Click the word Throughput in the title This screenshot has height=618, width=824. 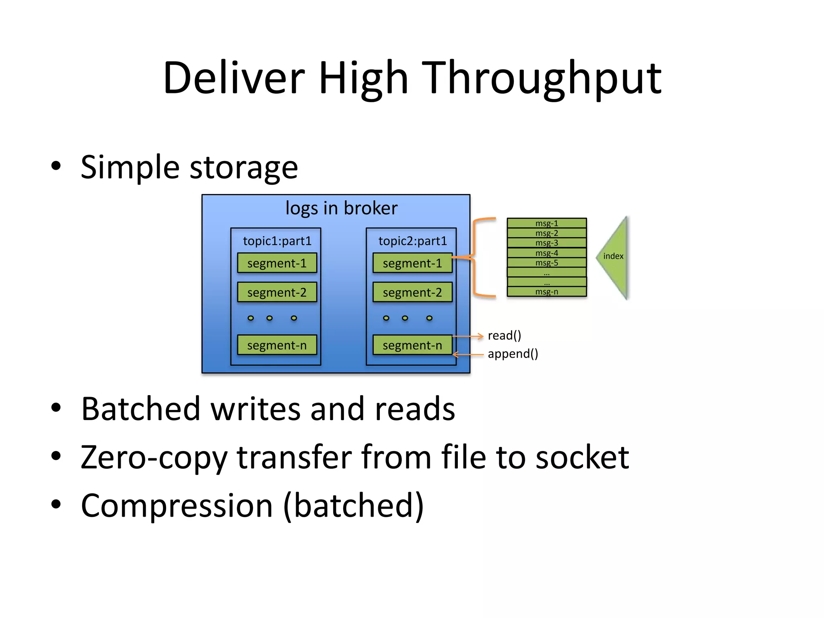click(543, 78)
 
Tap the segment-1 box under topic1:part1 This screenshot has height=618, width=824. click(277, 263)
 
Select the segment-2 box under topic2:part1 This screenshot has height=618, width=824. click(412, 293)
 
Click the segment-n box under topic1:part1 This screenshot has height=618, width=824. click(277, 345)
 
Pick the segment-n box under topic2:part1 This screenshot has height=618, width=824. click(412, 345)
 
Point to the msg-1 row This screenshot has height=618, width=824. click(546, 223)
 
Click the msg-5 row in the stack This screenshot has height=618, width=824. click(546, 263)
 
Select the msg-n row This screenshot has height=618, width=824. click(546, 292)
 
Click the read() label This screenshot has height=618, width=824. click(504, 336)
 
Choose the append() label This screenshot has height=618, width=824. click(513, 354)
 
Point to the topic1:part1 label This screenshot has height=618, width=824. click(277, 241)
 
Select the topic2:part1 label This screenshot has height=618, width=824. click(413, 241)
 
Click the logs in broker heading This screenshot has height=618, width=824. click(341, 208)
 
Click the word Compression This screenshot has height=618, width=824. click(177, 506)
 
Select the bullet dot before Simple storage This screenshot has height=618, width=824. click(56, 166)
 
